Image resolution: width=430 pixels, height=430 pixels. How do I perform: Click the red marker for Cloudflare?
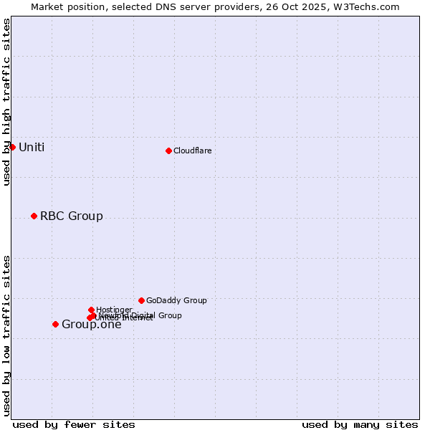point(168,150)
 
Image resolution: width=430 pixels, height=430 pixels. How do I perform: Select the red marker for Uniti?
point(12,147)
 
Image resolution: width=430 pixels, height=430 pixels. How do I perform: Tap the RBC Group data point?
point(34,216)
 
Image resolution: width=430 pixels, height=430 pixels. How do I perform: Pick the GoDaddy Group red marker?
point(141,300)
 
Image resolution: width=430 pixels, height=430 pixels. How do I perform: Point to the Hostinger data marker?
point(91,310)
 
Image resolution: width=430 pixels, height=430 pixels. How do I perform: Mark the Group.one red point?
point(55,324)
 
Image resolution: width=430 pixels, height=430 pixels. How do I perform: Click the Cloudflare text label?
point(192,150)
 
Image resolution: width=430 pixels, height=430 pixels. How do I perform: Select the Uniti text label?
point(31,147)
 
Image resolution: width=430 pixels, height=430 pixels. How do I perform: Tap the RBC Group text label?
point(71,216)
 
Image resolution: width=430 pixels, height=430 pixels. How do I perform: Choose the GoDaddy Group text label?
point(176,300)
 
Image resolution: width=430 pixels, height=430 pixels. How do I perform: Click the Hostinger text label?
point(114,310)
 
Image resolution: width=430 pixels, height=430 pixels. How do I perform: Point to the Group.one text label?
point(91,325)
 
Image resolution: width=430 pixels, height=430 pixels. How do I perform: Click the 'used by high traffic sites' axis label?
point(6,102)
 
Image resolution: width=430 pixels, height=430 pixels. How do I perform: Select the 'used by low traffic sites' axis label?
point(6,335)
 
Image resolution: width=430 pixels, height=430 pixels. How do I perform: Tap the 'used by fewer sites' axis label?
point(74,424)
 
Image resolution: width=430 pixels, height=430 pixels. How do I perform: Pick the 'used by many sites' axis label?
point(360,424)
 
